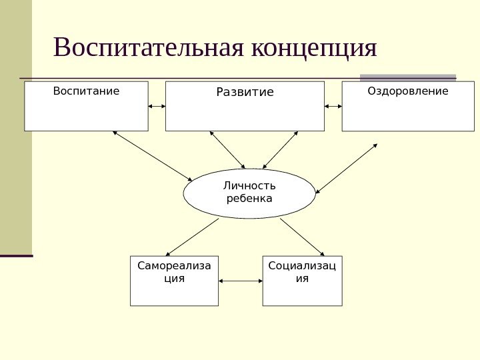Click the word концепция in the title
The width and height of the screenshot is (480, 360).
[315, 48]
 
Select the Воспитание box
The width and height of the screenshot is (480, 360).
[86, 110]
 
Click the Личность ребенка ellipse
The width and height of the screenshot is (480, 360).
[249, 193]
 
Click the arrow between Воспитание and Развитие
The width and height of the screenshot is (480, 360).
[157, 106]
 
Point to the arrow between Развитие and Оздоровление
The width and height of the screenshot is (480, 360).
[333, 106]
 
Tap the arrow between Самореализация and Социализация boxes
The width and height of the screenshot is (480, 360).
[240, 281]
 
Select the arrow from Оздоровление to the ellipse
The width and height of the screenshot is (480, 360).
[347, 169]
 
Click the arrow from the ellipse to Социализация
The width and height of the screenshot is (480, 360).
[303, 236]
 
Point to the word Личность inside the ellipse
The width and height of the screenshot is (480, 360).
[249, 186]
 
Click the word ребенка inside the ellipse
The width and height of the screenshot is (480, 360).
[249, 199]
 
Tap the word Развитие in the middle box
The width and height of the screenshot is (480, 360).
[245, 92]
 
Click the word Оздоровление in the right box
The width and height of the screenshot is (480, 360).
[408, 90]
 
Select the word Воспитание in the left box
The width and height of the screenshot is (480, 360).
[86, 90]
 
